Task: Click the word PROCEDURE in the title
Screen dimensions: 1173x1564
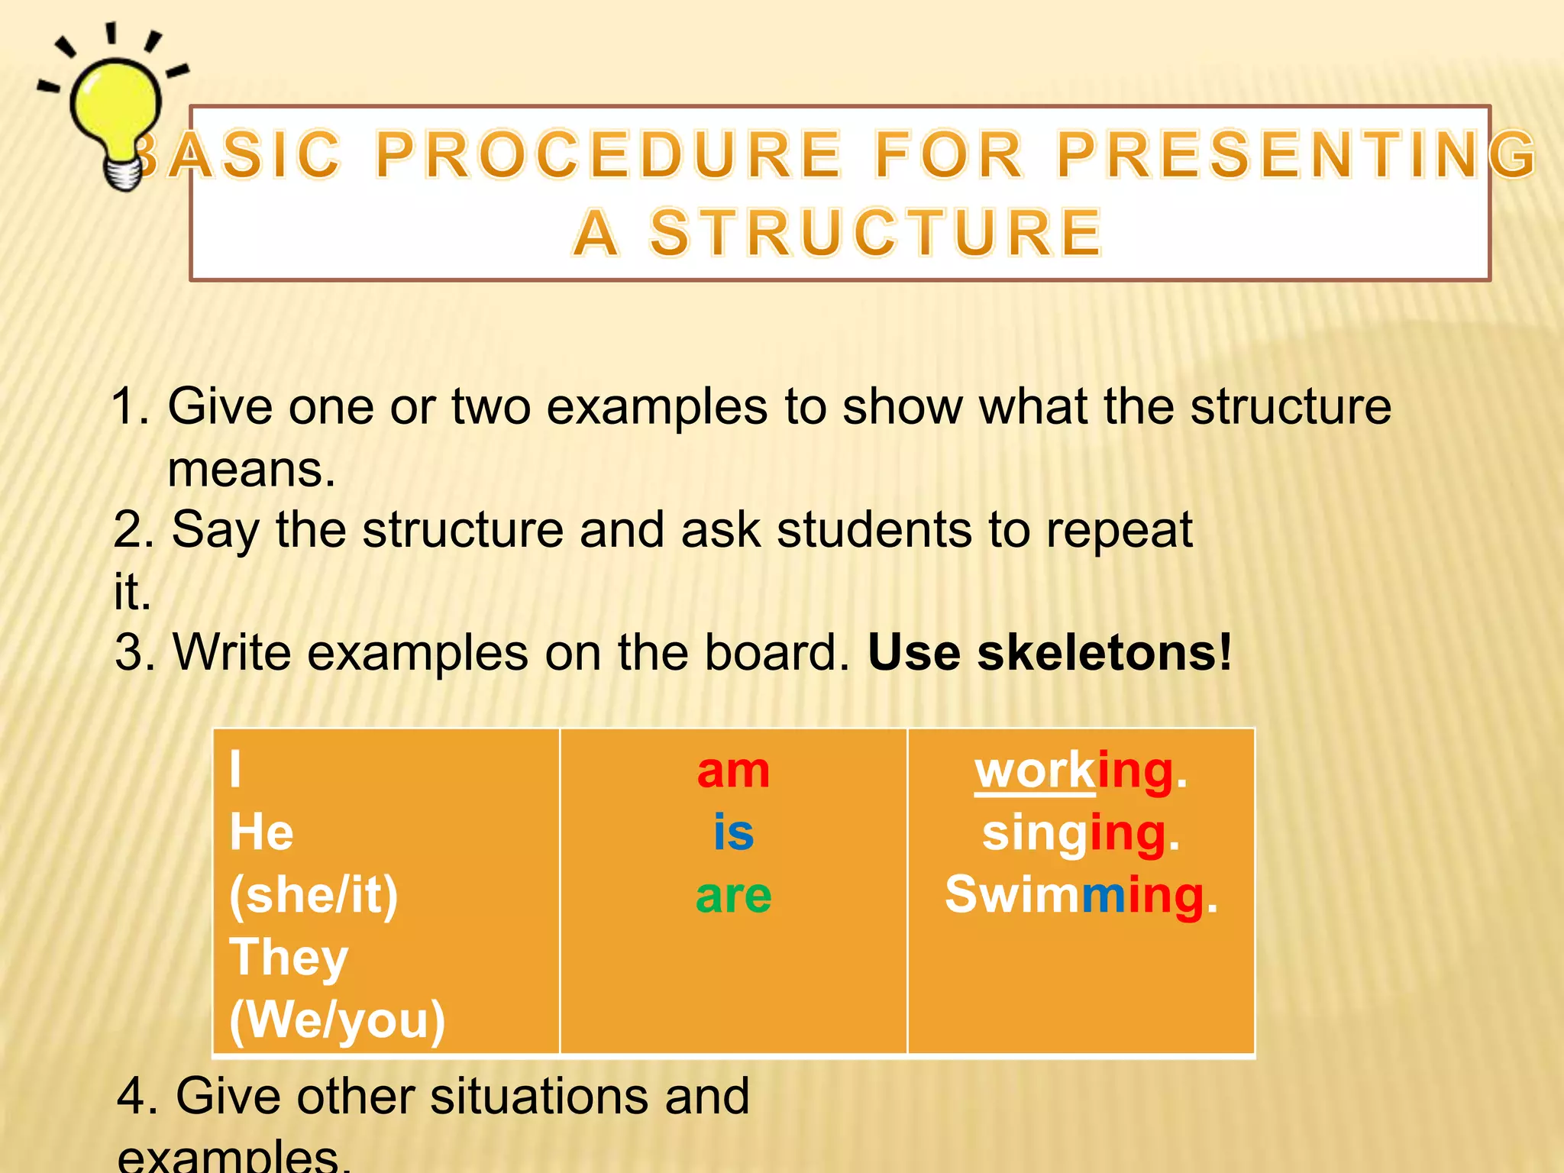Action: [609, 155]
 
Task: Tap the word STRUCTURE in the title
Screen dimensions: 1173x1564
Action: [876, 233]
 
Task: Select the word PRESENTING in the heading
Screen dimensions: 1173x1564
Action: [1296, 155]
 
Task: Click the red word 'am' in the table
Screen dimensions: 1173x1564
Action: [733, 771]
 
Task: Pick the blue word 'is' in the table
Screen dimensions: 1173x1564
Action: [733, 832]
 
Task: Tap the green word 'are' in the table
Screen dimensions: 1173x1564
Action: [733, 895]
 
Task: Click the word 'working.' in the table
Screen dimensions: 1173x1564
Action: [1081, 771]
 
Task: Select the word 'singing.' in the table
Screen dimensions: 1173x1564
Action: [1081, 832]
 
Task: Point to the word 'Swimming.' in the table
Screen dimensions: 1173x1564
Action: [1081, 895]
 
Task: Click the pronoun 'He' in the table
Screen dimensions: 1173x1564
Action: [261, 832]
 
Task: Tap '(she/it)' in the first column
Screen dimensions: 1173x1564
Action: [313, 895]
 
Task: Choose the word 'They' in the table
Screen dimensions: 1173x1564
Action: [289, 958]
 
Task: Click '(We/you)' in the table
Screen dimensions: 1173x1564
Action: [337, 1020]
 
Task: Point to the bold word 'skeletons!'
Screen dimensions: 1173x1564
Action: [1104, 653]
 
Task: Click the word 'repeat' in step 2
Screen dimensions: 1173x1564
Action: [1119, 529]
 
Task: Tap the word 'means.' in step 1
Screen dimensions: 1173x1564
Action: [251, 469]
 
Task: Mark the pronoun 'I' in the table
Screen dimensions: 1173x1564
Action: [235, 770]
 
